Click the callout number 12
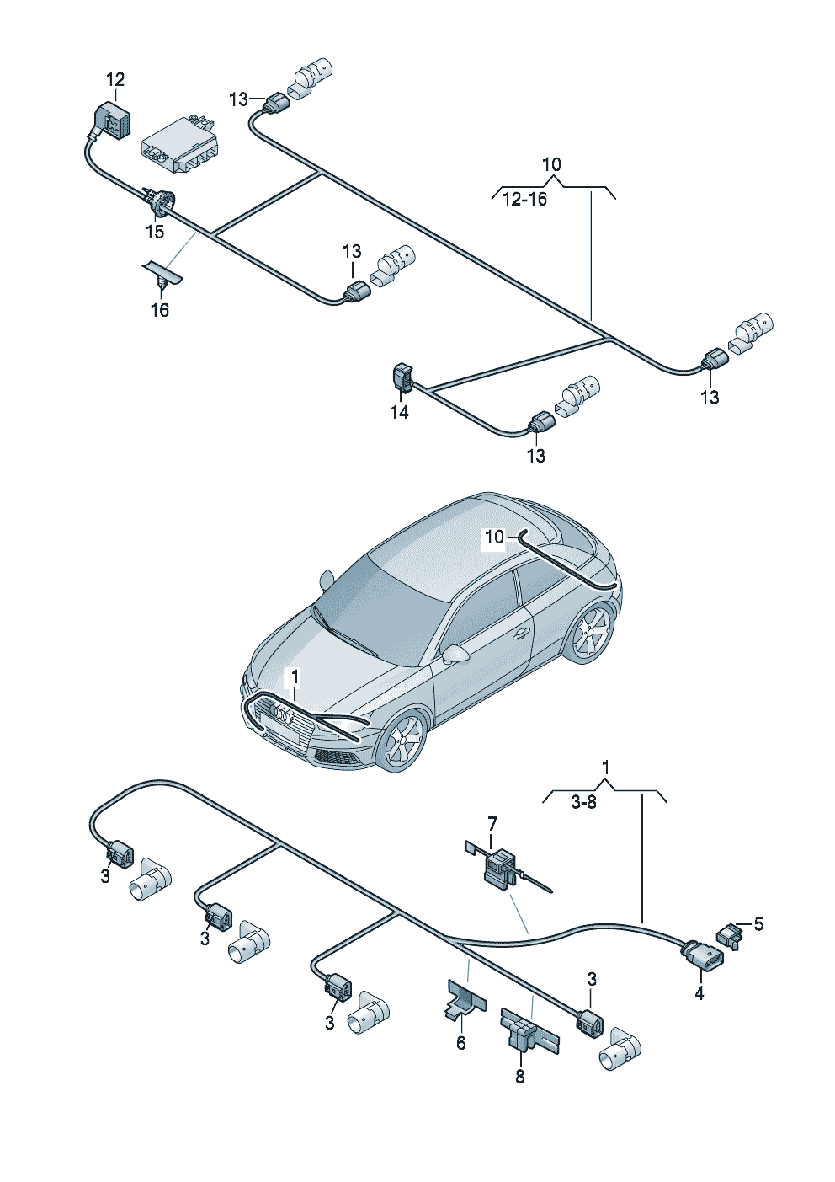click(115, 79)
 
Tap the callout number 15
click(154, 232)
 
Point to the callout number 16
click(159, 310)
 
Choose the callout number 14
click(399, 412)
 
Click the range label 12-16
click(524, 199)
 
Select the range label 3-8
click(583, 802)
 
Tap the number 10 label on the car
click(494, 537)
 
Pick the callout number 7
click(492, 822)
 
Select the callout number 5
click(758, 924)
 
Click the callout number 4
click(699, 993)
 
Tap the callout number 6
click(460, 1043)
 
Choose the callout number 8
click(519, 1076)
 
